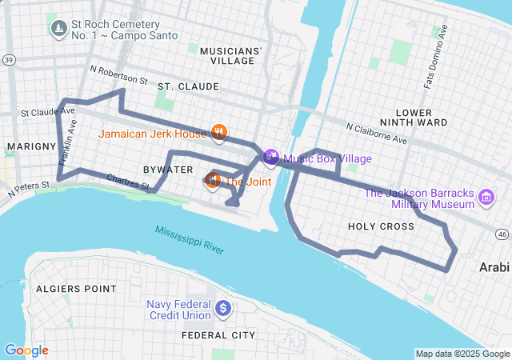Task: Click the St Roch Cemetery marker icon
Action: [58, 30]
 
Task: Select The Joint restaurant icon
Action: [213, 181]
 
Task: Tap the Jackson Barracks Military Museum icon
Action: [485, 197]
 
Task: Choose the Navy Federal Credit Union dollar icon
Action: [223, 307]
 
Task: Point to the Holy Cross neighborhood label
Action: [381, 226]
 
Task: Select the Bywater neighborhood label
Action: [168, 170]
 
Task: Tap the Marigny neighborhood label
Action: [30, 146]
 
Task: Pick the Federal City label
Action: [218, 335]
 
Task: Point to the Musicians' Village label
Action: [230, 55]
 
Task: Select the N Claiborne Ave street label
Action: [376, 133]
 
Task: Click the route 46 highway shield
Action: [502, 234]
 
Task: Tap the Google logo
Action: [26, 350]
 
